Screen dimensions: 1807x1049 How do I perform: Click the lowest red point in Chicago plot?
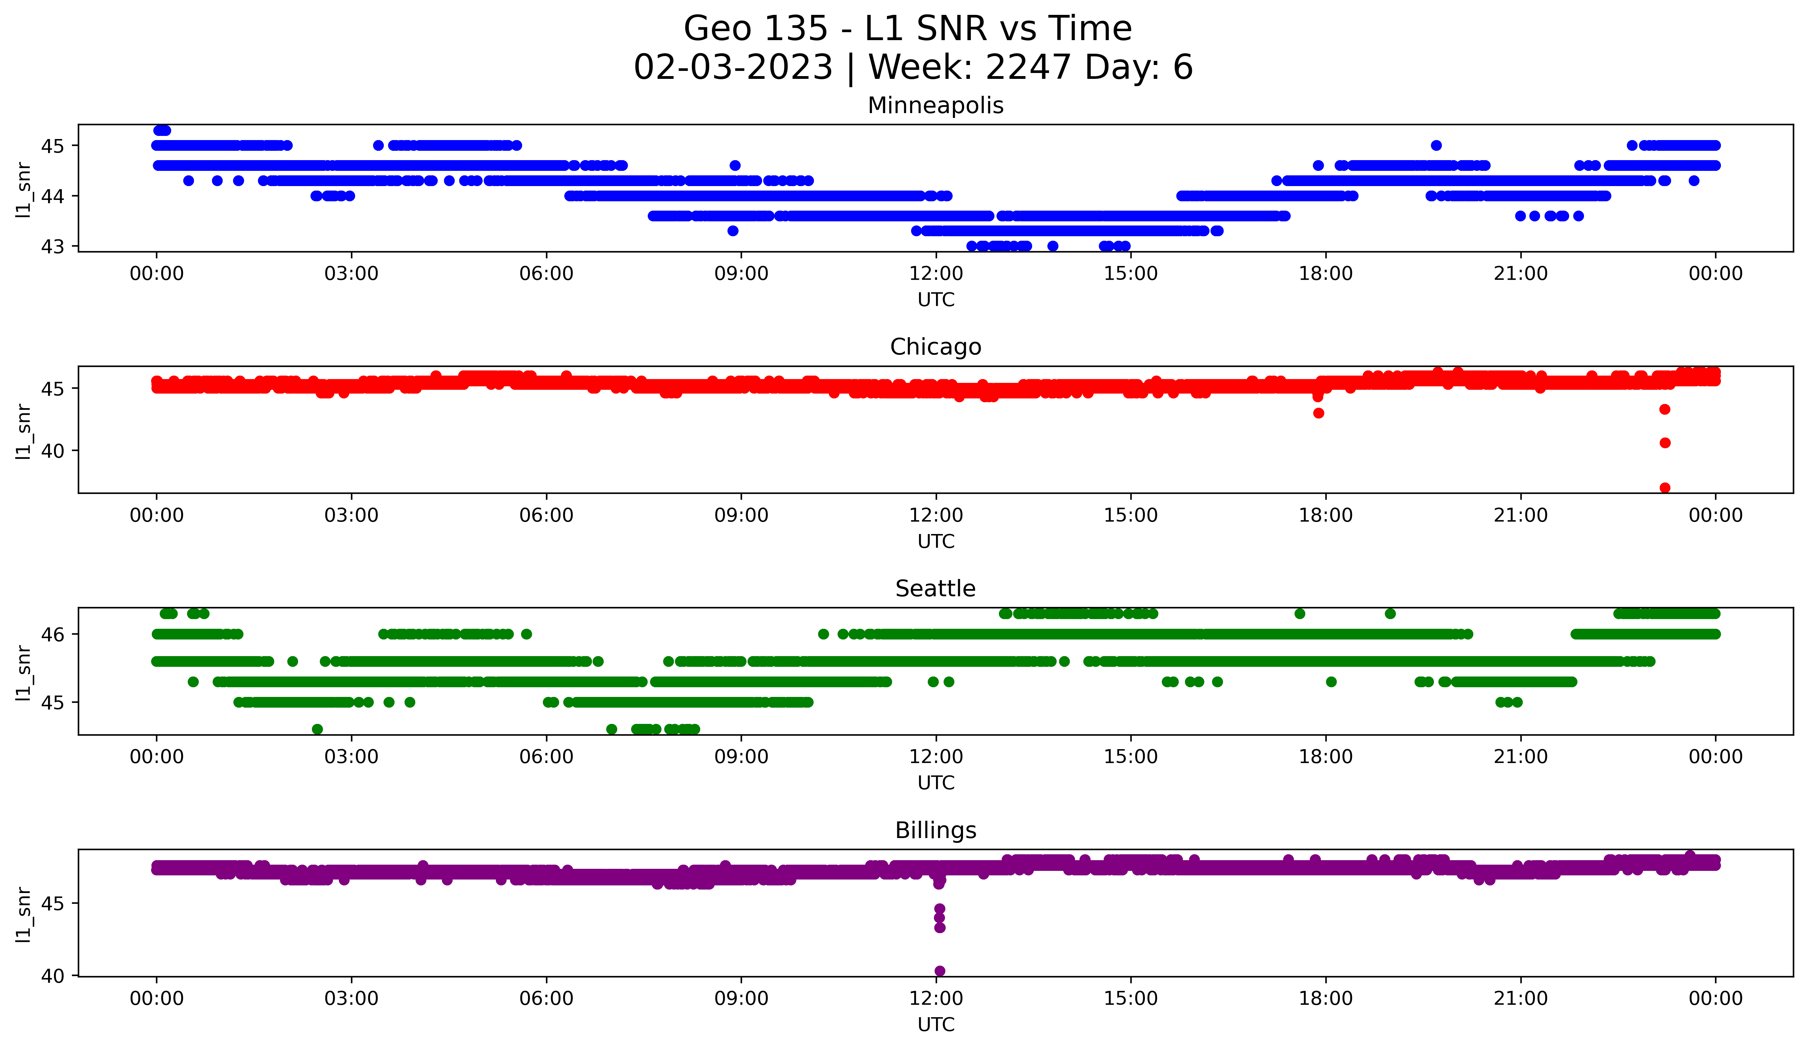pos(1665,488)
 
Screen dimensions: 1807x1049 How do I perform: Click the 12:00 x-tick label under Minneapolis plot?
pos(936,274)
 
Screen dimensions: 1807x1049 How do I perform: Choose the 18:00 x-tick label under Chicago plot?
pos(1326,516)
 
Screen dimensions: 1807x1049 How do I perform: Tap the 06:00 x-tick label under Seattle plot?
pos(546,757)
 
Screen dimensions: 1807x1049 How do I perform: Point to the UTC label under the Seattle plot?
pos(936,783)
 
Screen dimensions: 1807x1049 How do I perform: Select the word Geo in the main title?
pos(714,29)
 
